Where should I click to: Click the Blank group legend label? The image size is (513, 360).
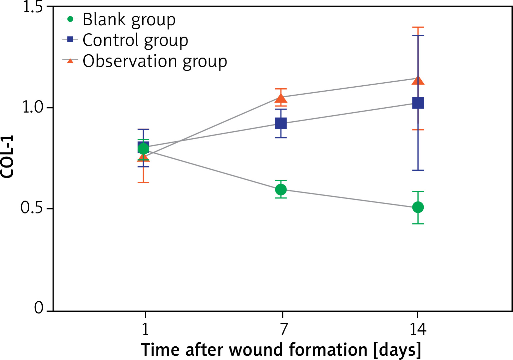click(x=129, y=20)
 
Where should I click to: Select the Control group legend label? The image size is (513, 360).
click(x=135, y=40)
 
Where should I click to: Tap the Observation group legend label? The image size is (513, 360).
click(x=155, y=61)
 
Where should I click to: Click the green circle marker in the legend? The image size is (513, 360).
click(x=70, y=19)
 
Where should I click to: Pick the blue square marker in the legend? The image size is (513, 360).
click(x=70, y=40)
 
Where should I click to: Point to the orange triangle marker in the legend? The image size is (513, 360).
click(x=70, y=61)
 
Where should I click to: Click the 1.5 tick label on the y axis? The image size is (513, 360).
click(x=33, y=7)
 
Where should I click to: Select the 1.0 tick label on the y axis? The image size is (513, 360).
click(x=33, y=108)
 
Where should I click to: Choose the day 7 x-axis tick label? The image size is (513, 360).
click(x=283, y=329)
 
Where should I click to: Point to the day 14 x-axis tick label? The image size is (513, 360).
click(x=418, y=329)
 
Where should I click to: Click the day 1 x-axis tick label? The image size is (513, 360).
click(x=145, y=329)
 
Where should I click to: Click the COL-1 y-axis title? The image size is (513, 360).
click(x=7, y=157)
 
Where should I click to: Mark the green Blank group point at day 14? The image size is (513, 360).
click(x=418, y=207)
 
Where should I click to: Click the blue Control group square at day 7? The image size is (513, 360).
click(x=281, y=124)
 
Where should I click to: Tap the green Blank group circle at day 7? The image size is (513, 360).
click(x=281, y=189)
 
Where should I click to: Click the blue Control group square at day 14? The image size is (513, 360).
click(x=418, y=103)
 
